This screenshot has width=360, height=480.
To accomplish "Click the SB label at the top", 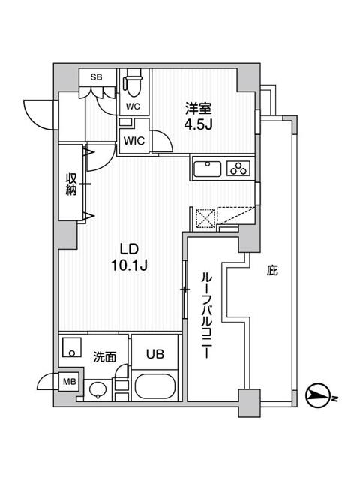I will (97, 76).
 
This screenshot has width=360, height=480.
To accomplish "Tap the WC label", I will (132, 106).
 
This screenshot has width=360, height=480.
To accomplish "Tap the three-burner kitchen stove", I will (239, 169).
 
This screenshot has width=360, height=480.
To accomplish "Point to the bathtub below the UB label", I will (156, 388).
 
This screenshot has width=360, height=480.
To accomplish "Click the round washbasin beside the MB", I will (97, 389).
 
